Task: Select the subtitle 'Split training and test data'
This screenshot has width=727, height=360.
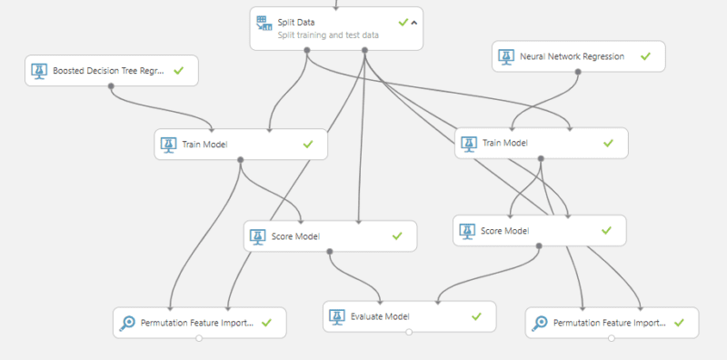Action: pyautogui.click(x=328, y=35)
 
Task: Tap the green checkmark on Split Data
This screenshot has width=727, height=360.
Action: pyautogui.click(x=403, y=21)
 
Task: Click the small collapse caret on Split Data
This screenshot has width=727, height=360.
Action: pyautogui.click(x=414, y=22)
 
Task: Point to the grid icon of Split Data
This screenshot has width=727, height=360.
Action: pyautogui.click(x=264, y=22)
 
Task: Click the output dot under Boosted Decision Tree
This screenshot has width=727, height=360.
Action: pyautogui.click(x=111, y=86)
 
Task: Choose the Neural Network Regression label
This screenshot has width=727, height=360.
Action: pyautogui.click(x=573, y=56)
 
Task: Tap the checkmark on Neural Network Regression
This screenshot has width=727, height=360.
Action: pyautogui.click(x=645, y=56)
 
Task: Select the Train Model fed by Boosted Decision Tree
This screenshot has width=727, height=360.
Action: pyautogui.click(x=240, y=144)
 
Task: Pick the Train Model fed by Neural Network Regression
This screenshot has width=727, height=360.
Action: pyautogui.click(x=541, y=143)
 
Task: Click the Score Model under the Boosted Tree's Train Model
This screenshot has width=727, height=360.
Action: pyautogui.click(x=330, y=236)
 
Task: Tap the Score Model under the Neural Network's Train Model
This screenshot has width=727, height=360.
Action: pyautogui.click(x=539, y=230)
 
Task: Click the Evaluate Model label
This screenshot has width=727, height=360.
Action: pyautogui.click(x=380, y=316)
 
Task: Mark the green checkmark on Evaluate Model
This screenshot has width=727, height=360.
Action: pyautogui.click(x=476, y=316)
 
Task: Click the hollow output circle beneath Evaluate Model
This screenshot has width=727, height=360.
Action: pyautogui.click(x=410, y=333)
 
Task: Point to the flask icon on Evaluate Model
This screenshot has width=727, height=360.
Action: pyautogui.click(x=337, y=316)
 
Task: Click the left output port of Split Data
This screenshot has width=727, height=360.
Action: pyautogui.click(x=306, y=49)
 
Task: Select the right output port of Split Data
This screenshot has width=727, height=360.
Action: pyautogui.click(x=365, y=49)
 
